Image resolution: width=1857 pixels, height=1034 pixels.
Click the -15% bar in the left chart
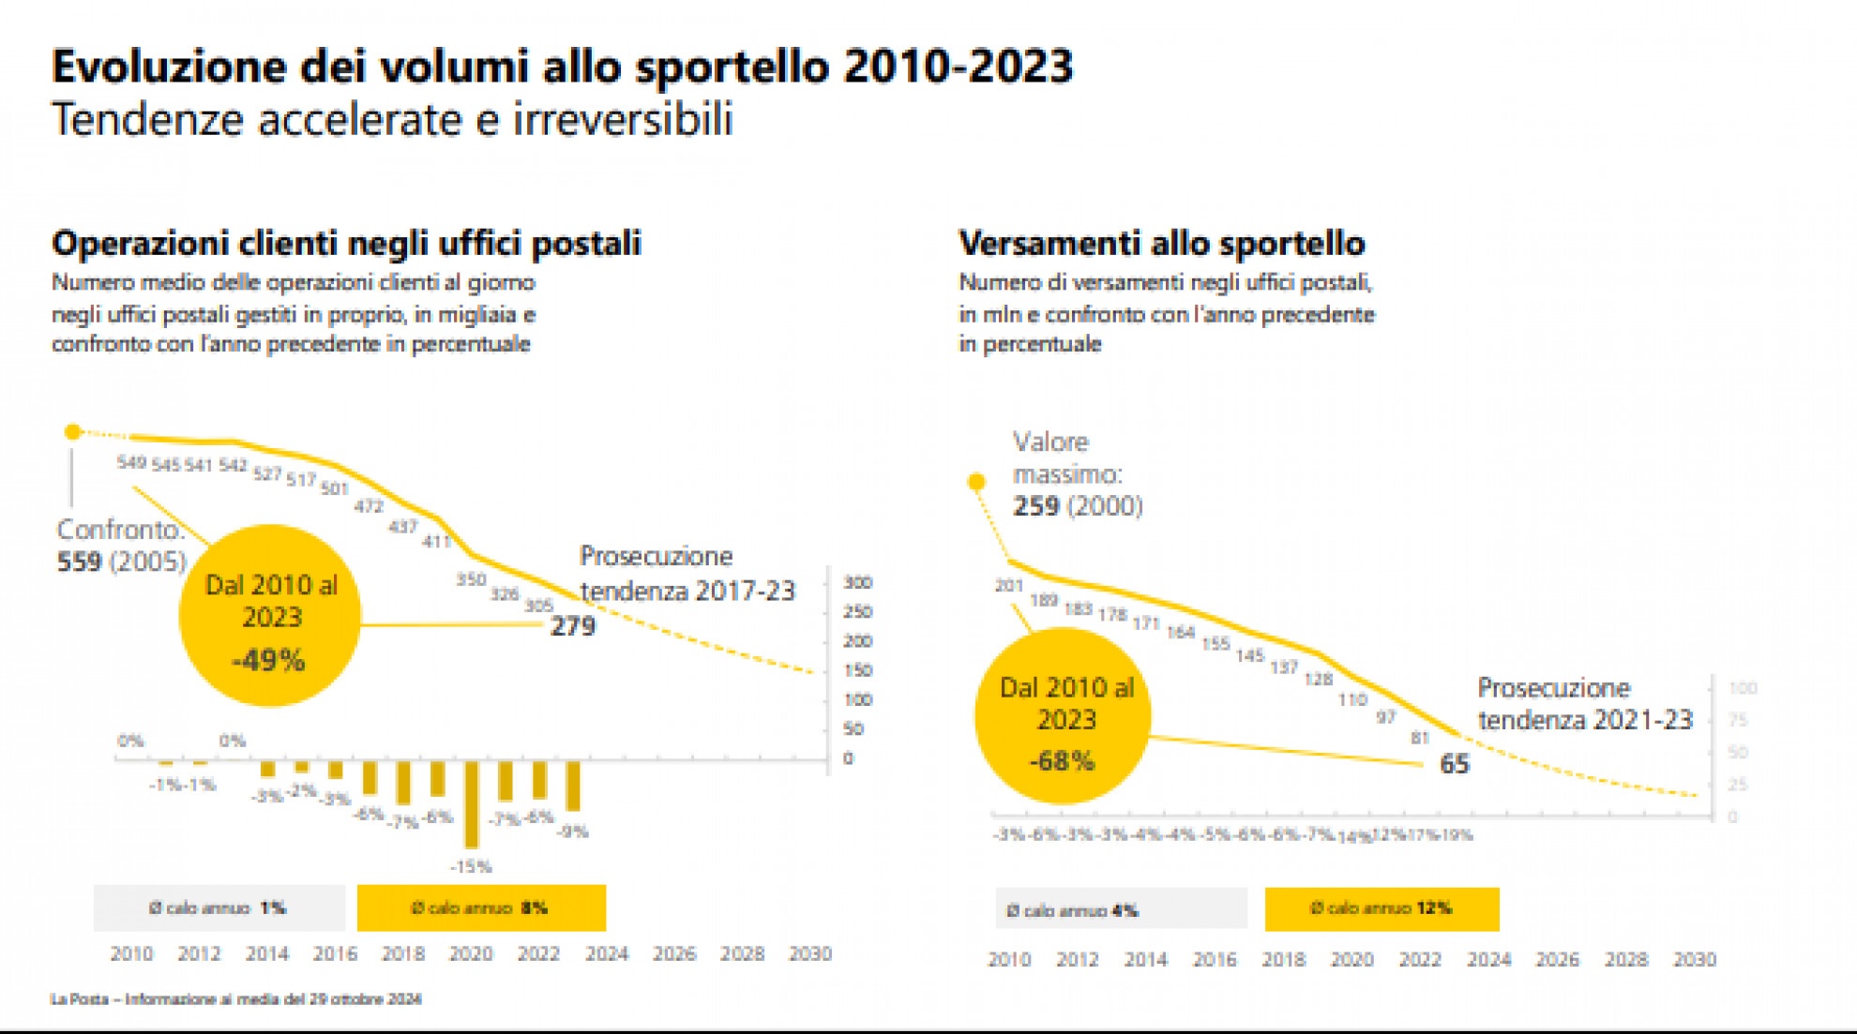(472, 803)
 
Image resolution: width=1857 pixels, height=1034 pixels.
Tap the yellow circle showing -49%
(270, 615)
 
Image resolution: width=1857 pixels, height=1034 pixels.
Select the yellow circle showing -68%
(1064, 717)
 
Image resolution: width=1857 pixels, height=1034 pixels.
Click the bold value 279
(572, 626)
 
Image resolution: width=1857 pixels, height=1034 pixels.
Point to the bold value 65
(1454, 764)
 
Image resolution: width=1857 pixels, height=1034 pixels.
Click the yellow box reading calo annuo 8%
(481, 907)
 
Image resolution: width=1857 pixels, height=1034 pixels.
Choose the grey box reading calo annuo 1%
(219, 907)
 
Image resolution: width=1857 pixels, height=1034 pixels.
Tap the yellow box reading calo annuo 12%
(1381, 908)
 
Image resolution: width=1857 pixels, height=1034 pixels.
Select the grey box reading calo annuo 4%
(1121, 909)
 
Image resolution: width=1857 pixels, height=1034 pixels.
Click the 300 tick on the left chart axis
(857, 582)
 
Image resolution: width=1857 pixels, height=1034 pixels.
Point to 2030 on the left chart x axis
(810, 953)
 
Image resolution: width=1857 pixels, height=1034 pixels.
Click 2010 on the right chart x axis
(1009, 959)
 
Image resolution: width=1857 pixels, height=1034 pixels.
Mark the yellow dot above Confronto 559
(73, 432)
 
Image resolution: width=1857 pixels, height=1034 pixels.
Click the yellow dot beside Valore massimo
(976, 482)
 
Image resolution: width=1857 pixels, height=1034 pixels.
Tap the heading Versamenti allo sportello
(1161, 244)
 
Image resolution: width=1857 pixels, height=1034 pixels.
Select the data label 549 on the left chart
(131, 462)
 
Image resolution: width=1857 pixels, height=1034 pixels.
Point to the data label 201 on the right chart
(1009, 586)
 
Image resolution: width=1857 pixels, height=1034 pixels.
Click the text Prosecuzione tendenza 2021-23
(1584, 703)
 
